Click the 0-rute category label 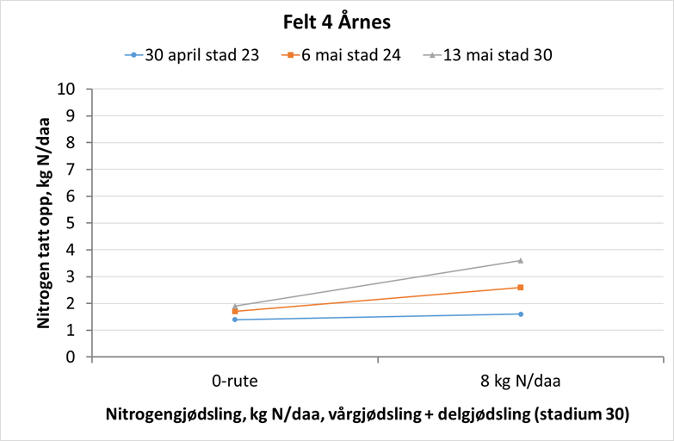pyautogui.click(x=234, y=379)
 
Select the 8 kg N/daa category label pyautogui.click(x=520, y=379)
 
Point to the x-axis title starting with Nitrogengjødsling pyautogui.click(x=368, y=414)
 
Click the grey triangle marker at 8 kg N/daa pyautogui.click(x=520, y=260)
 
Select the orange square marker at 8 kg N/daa pyautogui.click(x=520, y=288)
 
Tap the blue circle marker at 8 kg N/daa pyautogui.click(x=520, y=314)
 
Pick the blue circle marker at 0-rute pyautogui.click(x=234, y=320)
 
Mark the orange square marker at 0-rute pyautogui.click(x=234, y=311)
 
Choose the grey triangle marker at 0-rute pyautogui.click(x=234, y=305)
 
